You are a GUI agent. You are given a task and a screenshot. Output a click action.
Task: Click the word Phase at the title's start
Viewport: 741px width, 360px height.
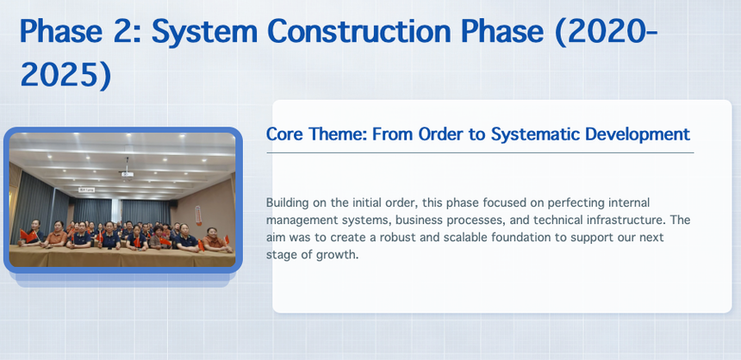(x=61, y=31)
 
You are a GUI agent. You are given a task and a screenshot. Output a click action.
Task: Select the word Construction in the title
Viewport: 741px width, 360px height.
(x=359, y=31)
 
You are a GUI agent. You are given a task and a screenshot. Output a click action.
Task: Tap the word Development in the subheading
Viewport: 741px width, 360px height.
(x=638, y=135)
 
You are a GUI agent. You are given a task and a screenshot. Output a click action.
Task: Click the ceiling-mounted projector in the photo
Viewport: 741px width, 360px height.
(x=128, y=174)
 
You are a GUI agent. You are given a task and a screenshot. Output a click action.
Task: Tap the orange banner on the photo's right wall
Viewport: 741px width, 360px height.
(x=198, y=216)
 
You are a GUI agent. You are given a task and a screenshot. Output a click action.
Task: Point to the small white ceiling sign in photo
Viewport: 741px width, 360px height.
(x=87, y=190)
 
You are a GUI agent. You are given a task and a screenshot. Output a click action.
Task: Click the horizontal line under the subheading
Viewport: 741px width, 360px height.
(x=480, y=152)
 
